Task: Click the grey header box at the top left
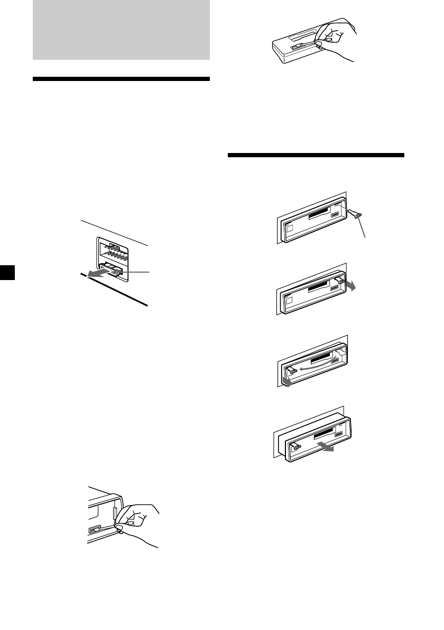(121, 30)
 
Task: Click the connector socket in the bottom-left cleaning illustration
(94, 528)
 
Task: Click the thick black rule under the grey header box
(121, 79)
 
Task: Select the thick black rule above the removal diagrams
(316, 155)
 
